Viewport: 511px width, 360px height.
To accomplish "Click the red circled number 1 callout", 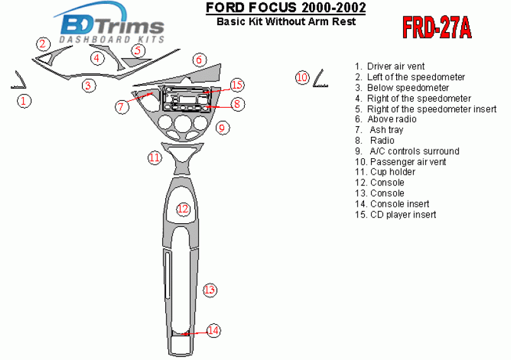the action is [x=23, y=101].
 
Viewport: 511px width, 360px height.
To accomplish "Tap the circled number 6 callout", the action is [x=199, y=60].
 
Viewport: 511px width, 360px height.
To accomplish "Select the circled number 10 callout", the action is [x=302, y=78].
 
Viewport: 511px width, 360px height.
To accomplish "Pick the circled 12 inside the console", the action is [x=183, y=209].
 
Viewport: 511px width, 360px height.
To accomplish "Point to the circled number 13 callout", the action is [x=209, y=290].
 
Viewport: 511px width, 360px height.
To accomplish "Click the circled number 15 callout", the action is [x=237, y=85].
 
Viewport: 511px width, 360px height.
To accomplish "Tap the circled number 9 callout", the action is [x=222, y=128].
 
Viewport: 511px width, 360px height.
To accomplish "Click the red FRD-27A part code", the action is [x=437, y=28].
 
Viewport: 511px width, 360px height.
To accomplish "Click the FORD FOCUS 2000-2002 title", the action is [x=286, y=8].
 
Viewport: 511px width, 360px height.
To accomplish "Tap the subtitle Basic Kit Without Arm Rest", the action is [x=286, y=21].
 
